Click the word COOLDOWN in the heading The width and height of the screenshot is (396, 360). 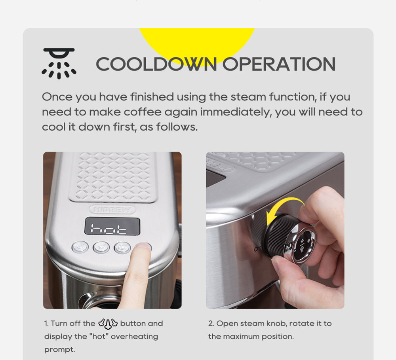pos(156,64)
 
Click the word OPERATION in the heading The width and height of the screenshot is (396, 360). pos(279,64)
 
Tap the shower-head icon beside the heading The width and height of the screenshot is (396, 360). pos(59,64)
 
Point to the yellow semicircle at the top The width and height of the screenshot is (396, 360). pos(197,43)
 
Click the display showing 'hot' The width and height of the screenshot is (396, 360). pos(112,226)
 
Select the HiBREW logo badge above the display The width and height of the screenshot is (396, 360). pos(112,209)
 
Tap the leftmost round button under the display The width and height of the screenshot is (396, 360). pos(80,247)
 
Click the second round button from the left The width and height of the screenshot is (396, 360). pos(101,248)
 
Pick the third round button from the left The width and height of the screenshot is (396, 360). pos(122,248)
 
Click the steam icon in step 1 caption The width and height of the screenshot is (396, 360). pos(108,324)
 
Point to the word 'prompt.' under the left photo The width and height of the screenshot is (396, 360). pos(60,350)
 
